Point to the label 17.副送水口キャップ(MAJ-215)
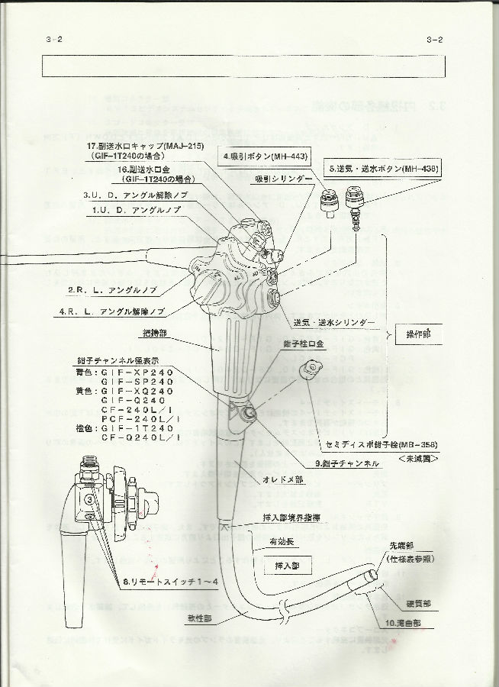146,145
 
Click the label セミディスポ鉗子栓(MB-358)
373,444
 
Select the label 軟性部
201,616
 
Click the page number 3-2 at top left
54,40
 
